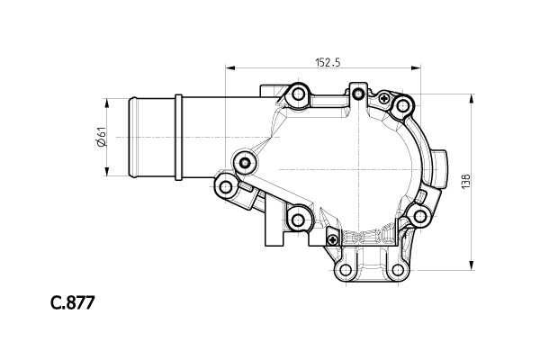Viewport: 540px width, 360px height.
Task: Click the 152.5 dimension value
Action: click(x=328, y=62)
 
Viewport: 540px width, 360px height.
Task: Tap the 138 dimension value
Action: click(x=465, y=182)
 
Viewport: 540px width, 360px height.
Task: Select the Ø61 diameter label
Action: click(x=102, y=137)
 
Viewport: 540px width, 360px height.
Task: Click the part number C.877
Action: click(x=72, y=302)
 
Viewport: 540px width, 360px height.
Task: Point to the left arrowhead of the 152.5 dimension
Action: click(x=229, y=67)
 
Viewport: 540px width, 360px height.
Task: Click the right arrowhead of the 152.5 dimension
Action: click(x=416, y=67)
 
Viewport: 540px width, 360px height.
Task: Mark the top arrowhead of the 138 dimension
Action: click(x=471, y=98)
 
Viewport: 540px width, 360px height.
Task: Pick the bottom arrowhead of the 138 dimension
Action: click(x=471, y=265)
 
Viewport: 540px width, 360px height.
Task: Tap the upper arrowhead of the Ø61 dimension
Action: click(x=107, y=103)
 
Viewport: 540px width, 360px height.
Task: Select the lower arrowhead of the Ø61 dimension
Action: click(x=107, y=172)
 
